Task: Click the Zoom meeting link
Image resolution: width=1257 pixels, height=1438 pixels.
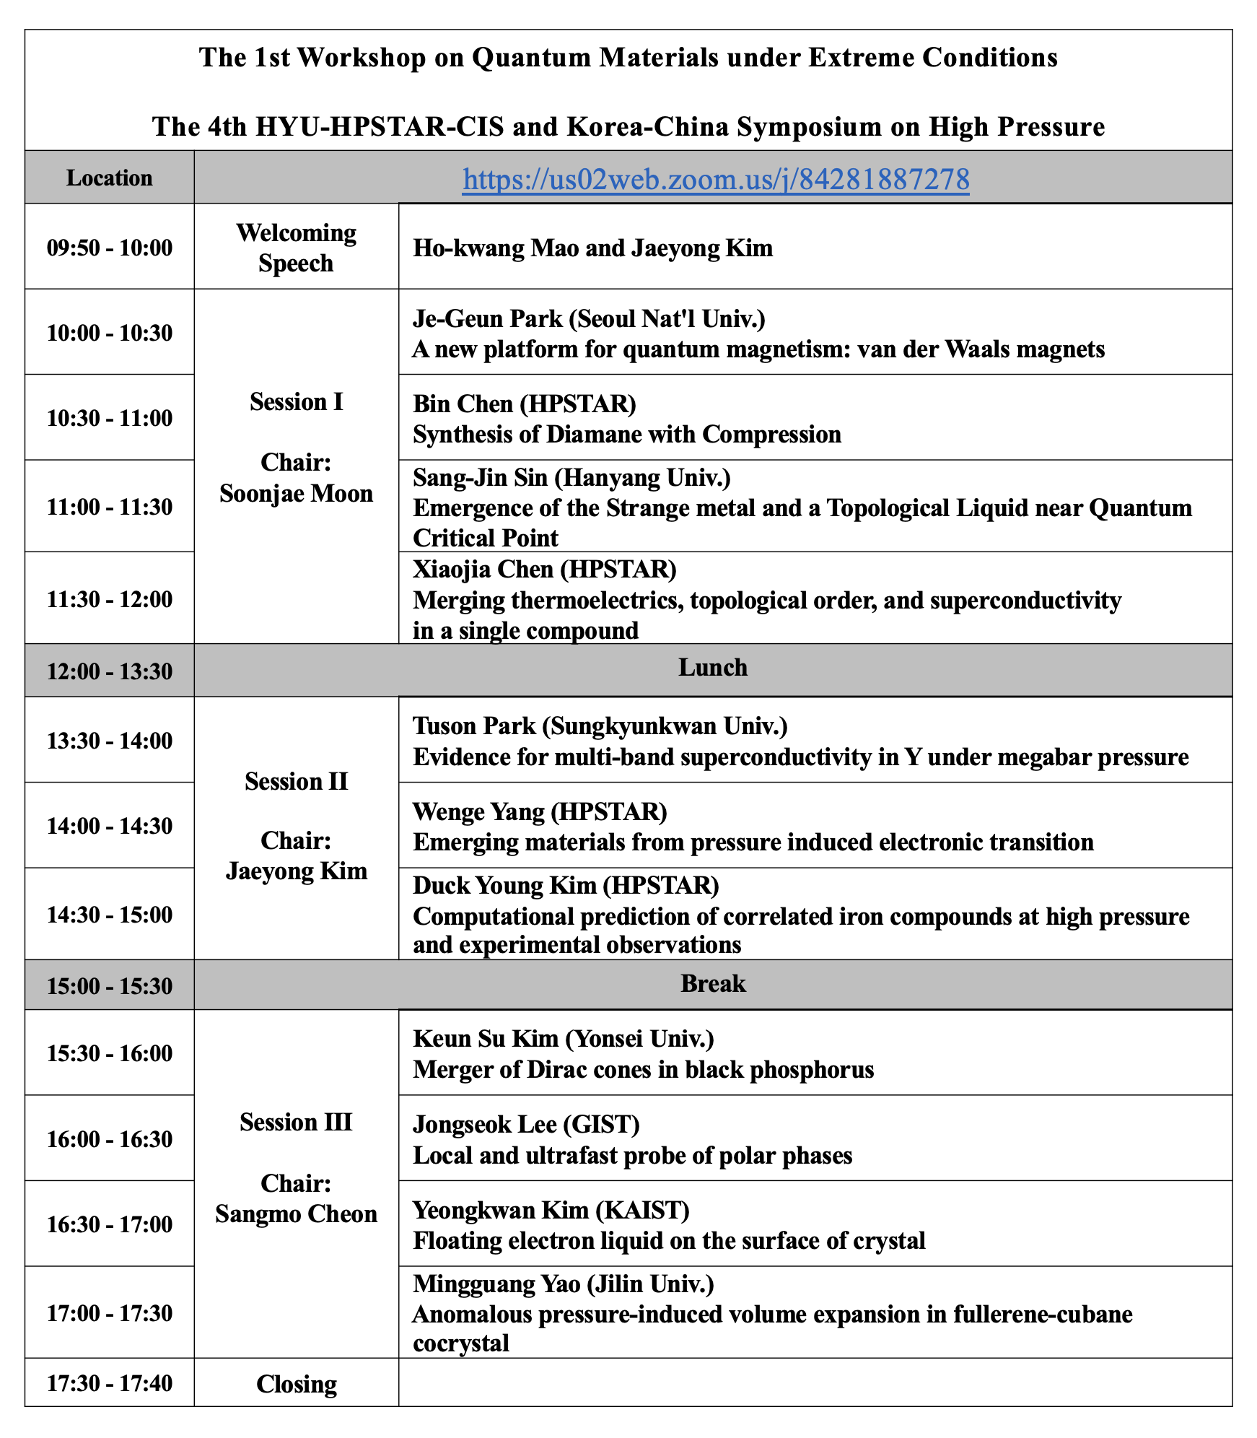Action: click(x=715, y=179)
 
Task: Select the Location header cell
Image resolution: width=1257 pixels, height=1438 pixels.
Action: click(x=109, y=178)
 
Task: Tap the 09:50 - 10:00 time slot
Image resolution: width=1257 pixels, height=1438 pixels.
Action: click(x=110, y=248)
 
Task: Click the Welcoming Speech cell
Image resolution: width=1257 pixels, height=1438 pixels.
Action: click(x=296, y=248)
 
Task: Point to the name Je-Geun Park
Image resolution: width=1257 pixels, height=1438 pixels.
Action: click(x=477, y=318)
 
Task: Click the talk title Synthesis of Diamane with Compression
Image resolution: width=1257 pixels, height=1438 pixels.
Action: click(x=626, y=434)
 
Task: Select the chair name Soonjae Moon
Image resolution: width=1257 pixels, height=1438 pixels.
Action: click(x=296, y=494)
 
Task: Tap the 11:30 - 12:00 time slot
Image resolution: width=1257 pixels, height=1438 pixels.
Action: click(x=110, y=599)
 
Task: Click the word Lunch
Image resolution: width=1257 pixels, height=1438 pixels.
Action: click(x=712, y=668)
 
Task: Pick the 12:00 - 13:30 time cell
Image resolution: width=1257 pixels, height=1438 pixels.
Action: click(x=110, y=671)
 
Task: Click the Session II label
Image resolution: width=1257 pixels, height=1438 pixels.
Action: click(x=296, y=781)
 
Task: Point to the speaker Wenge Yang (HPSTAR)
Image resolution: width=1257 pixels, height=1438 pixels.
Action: click(x=540, y=811)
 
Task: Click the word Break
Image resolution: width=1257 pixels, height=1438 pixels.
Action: click(x=712, y=984)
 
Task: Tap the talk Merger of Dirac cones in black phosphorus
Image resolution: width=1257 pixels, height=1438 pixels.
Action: click(x=643, y=1069)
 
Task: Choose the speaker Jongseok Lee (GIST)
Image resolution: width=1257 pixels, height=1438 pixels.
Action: click(x=526, y=1124)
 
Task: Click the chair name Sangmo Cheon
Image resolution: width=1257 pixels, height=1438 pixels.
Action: click(x=296, y=1213)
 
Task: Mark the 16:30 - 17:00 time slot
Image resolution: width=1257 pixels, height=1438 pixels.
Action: click(x=110, y=1224)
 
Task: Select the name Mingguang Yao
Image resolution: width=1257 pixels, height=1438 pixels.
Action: click(x=496, y=1284)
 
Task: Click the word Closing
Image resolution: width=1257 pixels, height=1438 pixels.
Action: click(x=296, y=1384)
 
